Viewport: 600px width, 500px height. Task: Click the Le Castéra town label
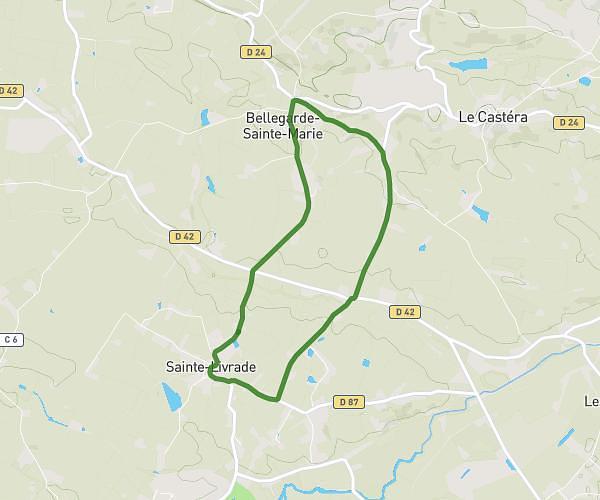(492, 117)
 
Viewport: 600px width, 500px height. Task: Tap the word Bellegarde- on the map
(284, 118)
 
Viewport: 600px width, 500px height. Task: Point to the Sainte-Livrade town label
(211, 367)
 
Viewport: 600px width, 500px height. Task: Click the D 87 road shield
(348, 402)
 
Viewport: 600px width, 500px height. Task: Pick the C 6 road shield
(10, 339)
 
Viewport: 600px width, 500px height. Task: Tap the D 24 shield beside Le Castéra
(569, 122)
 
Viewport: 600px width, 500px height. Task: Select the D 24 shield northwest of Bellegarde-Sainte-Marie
(254, 52)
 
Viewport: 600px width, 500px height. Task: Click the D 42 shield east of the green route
(404, 312)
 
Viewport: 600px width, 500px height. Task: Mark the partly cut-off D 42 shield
(9, 90)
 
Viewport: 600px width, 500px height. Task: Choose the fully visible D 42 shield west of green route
(184, 237)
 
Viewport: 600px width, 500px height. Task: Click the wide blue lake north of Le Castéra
(468, 64)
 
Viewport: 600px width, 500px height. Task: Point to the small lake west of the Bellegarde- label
(206, 118)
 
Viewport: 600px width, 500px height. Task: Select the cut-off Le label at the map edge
(591, 402)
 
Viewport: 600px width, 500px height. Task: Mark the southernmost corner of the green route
(276, 401)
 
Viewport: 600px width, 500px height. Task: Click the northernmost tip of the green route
(293, 101)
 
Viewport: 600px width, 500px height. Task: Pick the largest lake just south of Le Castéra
(481, 213)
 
